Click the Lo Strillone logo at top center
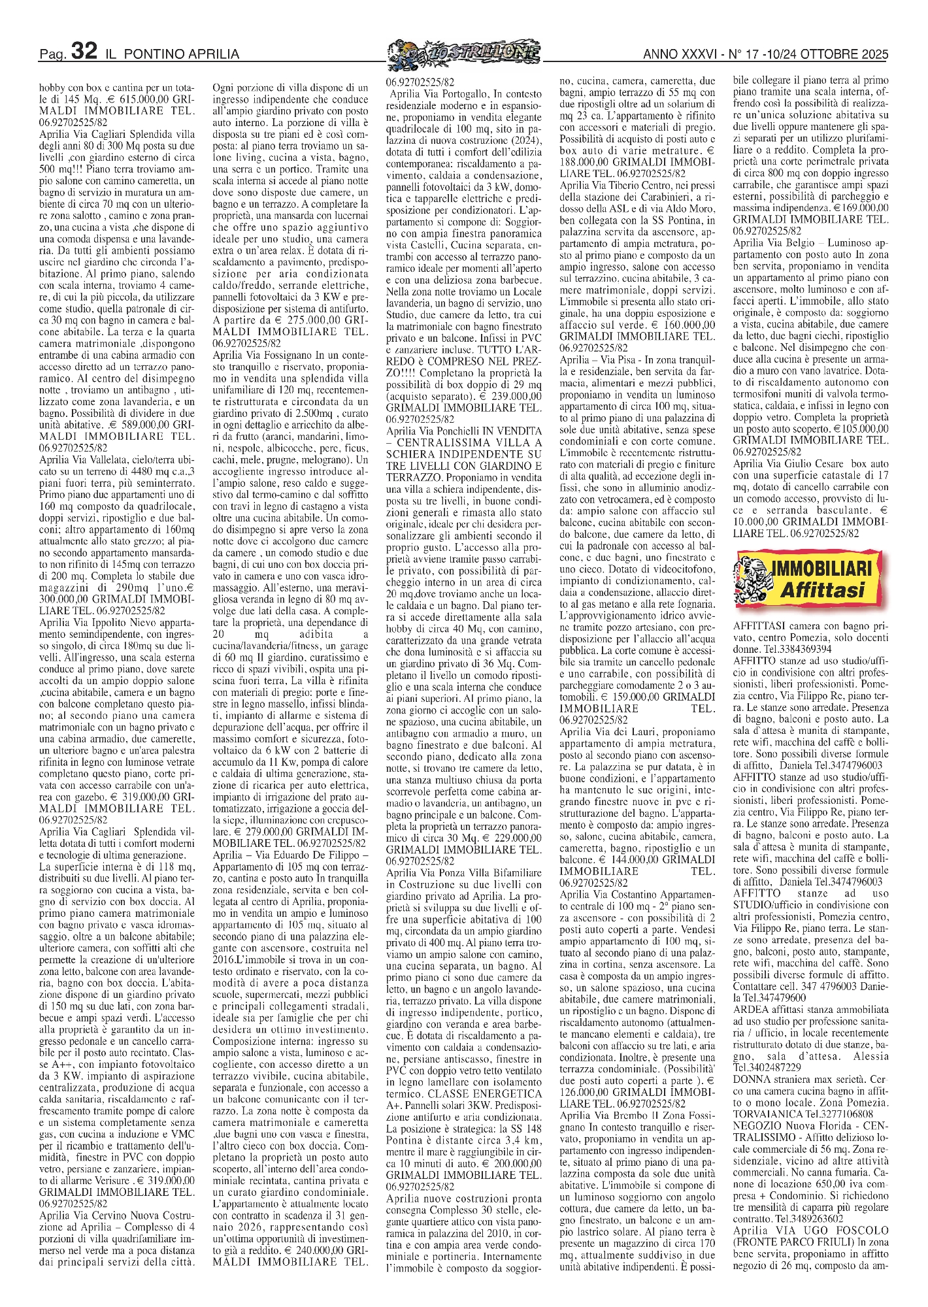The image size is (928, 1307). pyautogui.click(x=463, y=52)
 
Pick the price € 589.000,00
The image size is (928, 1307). pyautogui.click(x=136, y=425)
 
